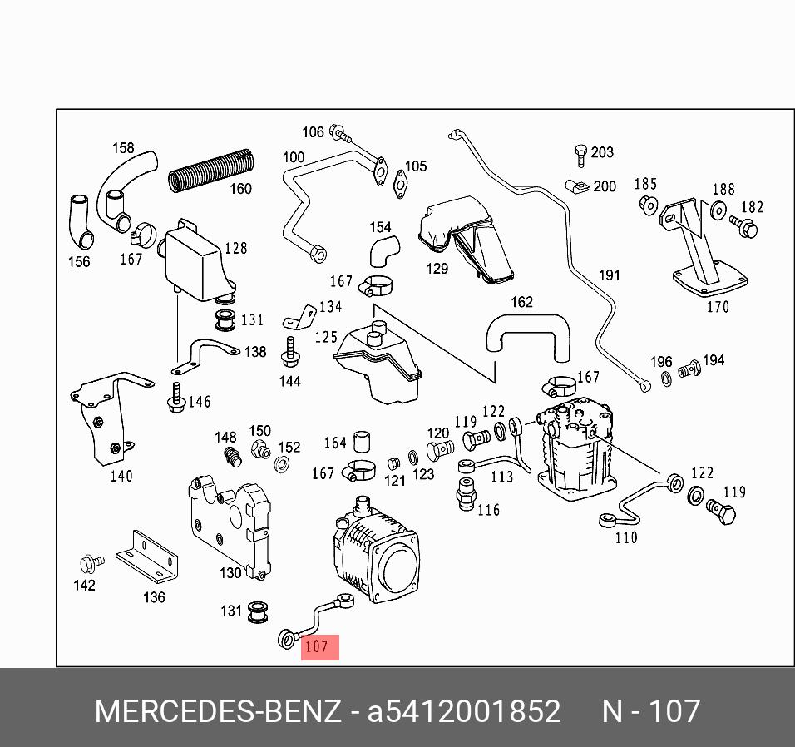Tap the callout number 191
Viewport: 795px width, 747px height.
609,275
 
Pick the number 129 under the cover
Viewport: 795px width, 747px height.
437,268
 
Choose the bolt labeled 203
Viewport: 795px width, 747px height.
581,154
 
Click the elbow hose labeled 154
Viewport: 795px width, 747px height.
383,248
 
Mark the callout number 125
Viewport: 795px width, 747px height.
325,337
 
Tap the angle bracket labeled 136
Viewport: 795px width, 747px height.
148,556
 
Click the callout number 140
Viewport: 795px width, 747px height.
121,477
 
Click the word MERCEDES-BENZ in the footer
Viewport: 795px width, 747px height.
218,712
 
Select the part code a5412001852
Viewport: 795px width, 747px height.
464,712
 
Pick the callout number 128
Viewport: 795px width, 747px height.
235,248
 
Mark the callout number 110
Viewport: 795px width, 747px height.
626,537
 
